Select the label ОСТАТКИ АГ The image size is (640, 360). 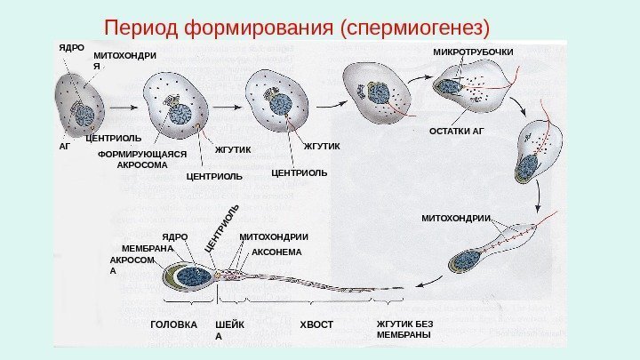458,131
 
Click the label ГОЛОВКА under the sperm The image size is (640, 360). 174,325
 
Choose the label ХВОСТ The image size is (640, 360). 316,325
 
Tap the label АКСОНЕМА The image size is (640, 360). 277,252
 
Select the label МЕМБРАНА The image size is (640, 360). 146,249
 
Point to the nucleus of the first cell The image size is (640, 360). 84,115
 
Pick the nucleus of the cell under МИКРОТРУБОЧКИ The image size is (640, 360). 452,87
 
